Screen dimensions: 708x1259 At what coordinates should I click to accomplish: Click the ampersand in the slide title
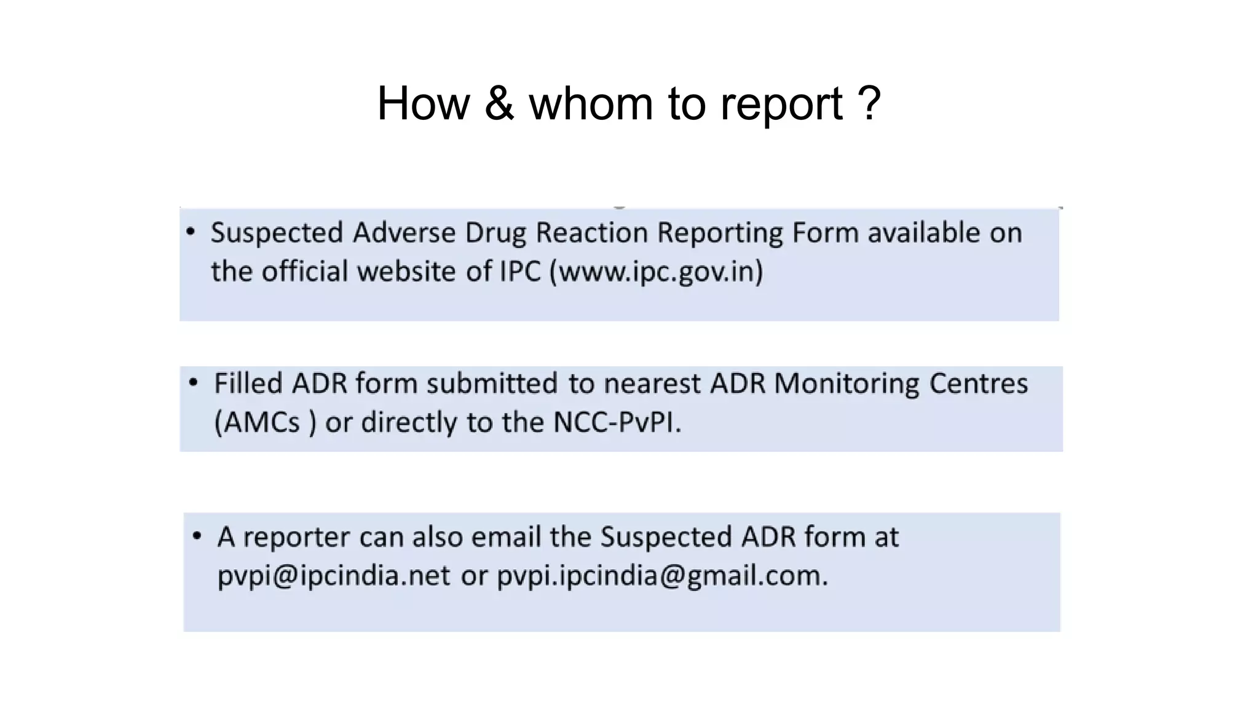(499, 103)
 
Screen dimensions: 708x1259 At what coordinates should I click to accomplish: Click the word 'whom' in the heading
(591, 103)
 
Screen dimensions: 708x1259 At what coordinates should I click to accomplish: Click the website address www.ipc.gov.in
(656, 272)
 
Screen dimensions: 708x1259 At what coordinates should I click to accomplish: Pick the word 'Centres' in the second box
(978, 383)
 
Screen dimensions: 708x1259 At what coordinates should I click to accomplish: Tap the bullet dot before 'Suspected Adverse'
(191, 232)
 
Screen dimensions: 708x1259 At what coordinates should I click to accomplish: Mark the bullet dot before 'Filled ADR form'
(194, 383)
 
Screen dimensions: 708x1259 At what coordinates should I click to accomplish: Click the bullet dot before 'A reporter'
(197, 536)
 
